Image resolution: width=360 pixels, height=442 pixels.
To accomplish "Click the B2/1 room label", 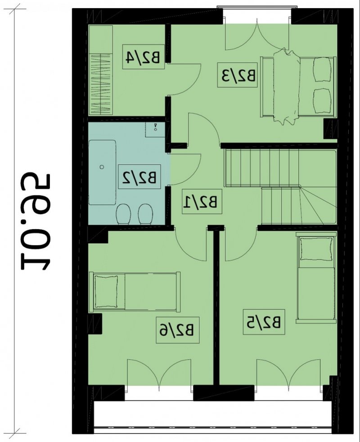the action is click(202, 201).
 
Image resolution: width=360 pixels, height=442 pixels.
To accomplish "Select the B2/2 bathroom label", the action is click(139, 177).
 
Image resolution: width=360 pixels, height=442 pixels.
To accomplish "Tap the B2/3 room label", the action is click(237, 75).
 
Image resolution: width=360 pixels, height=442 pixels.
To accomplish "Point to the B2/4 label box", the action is click(144, 56).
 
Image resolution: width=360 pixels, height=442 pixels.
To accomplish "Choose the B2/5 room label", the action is click(264, 322).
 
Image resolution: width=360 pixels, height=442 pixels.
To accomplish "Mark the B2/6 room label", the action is click(178, 330).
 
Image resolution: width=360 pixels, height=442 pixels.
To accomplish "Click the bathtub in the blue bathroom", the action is click(102, 172).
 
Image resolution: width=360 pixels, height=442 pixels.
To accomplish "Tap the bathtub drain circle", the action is click(102, 167).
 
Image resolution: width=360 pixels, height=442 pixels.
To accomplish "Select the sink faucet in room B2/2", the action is click(155, 127).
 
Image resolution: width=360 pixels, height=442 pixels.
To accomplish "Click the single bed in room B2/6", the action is click(135, 292).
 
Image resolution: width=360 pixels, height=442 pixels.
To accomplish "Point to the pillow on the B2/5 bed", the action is click(316, 248).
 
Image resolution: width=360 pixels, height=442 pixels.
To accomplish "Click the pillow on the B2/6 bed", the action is click(106, 292).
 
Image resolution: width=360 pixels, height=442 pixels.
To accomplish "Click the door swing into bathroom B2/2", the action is click(185, 169).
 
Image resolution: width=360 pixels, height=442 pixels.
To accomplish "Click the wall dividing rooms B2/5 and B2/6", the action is click(216, 307).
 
